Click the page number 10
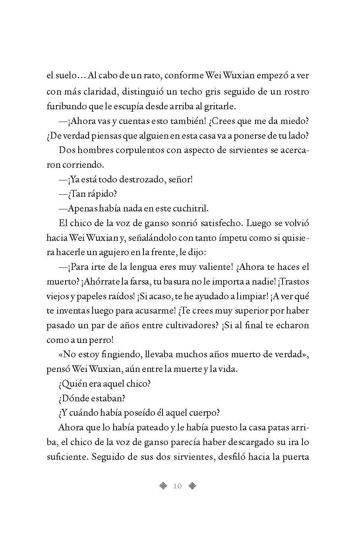(x=177, y=486)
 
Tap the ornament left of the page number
(x=163, y=486)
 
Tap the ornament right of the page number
(x=192, y=486)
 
